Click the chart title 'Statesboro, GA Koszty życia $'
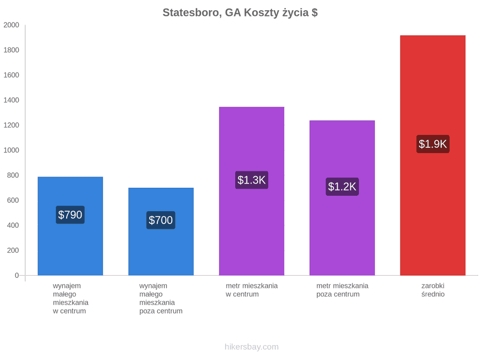click(x=240, y=13)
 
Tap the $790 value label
click(x=70, y=215)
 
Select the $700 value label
click(x=161, y=220)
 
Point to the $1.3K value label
click(x=252, y=180)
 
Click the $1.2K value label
click(x=342, y=187)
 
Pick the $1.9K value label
click(x=433, y=144)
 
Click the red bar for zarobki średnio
click(x=433, y=156)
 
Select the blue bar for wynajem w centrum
click(x=70, y=226)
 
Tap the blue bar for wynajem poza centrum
click(x=161, y=232)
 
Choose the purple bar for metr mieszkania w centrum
click(x=252, y=191)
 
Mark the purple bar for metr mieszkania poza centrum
click(x=342, y=198)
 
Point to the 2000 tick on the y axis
click(x=11, y=25)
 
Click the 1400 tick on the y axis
click(x=11, y=100)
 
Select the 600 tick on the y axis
click(x=13, y=200)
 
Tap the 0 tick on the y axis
click(x=17, y=276)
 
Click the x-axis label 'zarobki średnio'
click(x=433, y=290)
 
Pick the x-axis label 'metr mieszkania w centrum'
click(x=252, y=290)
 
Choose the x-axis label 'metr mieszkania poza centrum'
click(x=342, y=290)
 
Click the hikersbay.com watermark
click(x=252, y=347)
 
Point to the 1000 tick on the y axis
click(x=11, y=150)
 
